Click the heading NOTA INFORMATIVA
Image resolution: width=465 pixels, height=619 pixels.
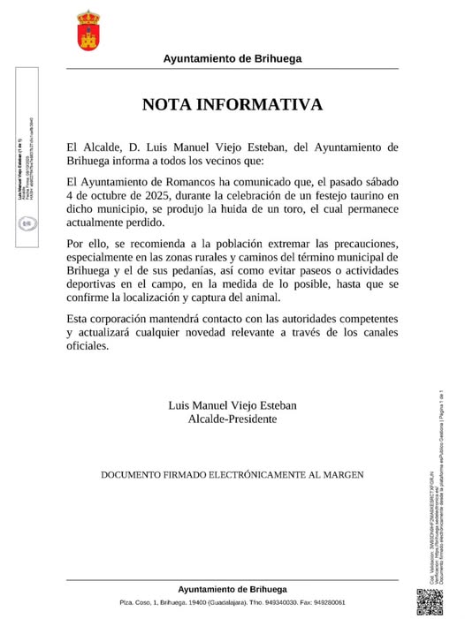tap(232, 104)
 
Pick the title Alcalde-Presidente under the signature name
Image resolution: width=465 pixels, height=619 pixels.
tap(232, 419)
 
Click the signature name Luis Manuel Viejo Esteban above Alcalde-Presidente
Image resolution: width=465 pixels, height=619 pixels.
tap(232, 404)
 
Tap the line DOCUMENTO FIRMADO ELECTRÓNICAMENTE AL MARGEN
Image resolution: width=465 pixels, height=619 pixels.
tap(232, 475)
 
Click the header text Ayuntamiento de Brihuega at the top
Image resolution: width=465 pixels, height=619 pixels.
tap(232, 58)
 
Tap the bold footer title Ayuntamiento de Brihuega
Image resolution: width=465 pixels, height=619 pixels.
tap(232, 589)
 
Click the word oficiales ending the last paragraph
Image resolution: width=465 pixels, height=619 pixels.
tap(88, 346)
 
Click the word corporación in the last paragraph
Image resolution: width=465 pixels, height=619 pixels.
tap(126, 317)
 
